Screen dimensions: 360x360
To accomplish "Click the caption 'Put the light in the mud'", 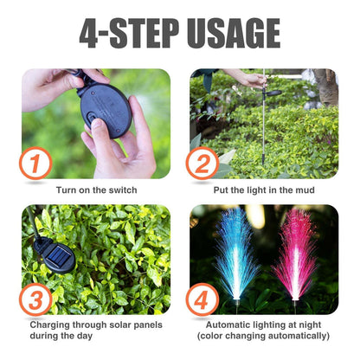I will [264, 189].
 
